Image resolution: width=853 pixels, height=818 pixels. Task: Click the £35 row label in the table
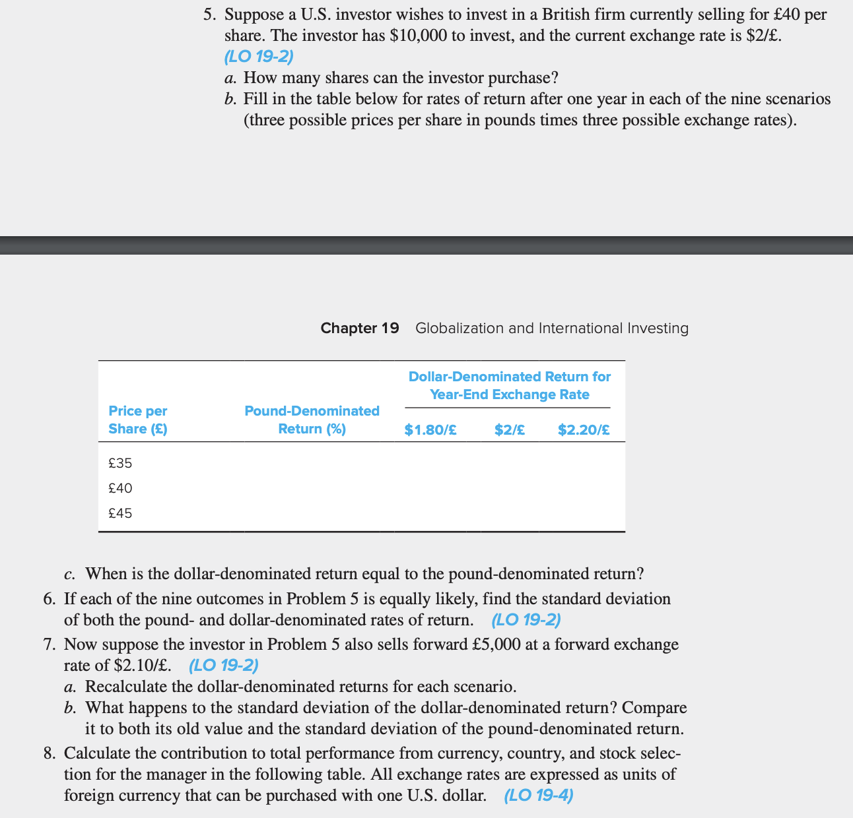pyautogui.click(x=120, y=463)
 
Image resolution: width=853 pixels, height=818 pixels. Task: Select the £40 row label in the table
pyautogui.click(x=120, y=488)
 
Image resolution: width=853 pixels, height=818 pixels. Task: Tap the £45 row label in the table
pyautogui.click(x=120, y=513)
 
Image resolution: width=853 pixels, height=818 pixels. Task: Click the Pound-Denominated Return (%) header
pyautogui.click(x=312, y=420)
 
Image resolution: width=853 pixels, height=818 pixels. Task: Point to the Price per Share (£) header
pyautogui.click(x=138, y=420)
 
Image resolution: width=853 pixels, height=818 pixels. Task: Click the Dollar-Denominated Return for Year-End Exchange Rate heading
pyautogui.click(x=510, y=385)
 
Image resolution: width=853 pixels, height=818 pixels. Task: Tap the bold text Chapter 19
pyautogui.click(x=360, y=328)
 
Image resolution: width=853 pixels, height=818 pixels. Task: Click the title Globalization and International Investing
pyautogui.click(x=552, y=328)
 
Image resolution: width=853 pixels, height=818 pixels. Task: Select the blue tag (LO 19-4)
pyautogui.click(x=539, y=795)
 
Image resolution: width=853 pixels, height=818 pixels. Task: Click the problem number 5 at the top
pyautogui.click(x=208, y=14)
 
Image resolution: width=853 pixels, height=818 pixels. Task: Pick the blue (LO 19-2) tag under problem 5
pyautogui.click(x=259, y=57)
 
